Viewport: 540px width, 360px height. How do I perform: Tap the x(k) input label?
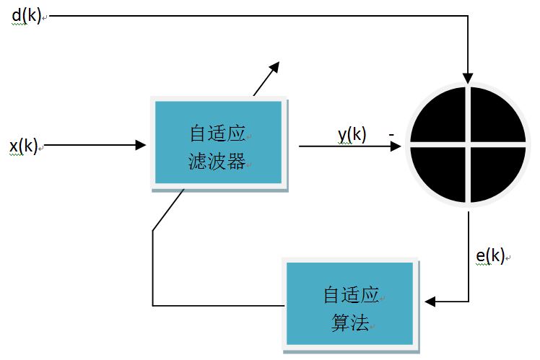pos(24,146)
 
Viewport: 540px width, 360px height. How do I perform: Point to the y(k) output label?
pos(352,134)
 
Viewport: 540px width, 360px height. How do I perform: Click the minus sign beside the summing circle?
pos(391,134)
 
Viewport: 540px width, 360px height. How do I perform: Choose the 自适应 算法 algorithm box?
pos(351,304)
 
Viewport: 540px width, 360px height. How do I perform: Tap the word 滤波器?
pos(216,161)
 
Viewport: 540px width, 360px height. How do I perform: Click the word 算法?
pos(347,321)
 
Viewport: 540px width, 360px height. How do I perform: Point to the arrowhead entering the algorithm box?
pos(431,301)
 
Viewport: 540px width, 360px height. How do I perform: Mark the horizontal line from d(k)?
pos(253,14)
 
